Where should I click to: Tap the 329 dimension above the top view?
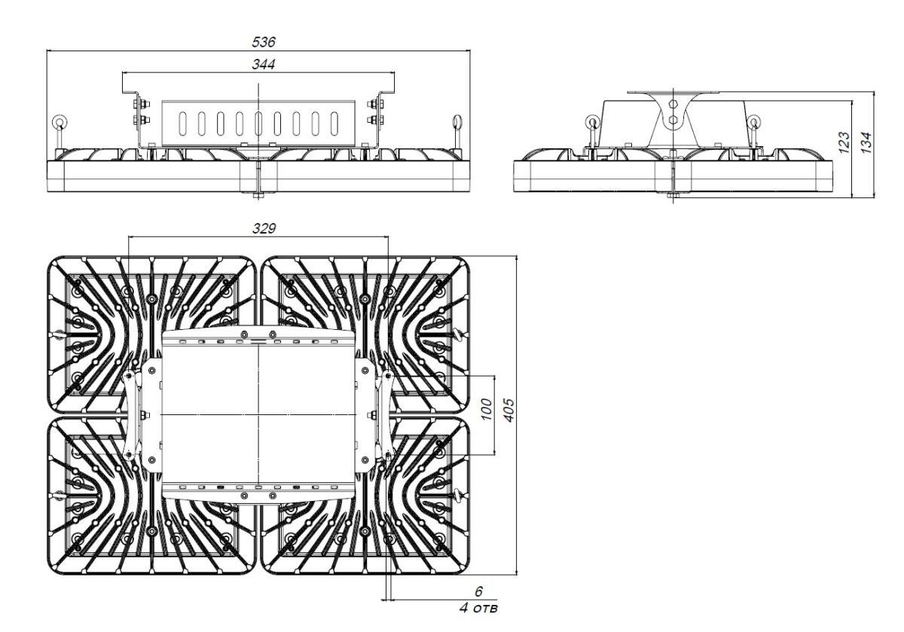[258, 227]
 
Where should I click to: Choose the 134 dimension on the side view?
[866, 141]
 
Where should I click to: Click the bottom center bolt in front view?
[258, 195]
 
